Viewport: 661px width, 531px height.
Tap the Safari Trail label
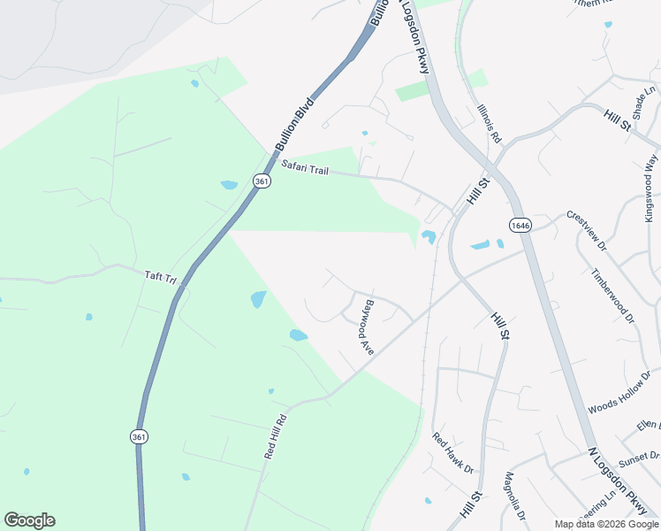pos(305,167)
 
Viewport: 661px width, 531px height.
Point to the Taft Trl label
pos(161,277)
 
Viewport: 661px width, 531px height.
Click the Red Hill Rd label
pos(276,436)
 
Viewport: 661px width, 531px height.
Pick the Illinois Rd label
pos(489,124)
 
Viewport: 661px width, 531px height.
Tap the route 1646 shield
pos(519,225)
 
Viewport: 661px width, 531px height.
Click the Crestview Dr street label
pos(587,230)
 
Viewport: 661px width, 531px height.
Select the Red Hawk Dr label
pos(453,452)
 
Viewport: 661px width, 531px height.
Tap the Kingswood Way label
pos(652,188)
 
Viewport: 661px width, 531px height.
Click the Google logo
pos(29,520)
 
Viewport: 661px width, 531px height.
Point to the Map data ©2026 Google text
pos(606,524)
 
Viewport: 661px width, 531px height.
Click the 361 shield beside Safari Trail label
pos(261,181)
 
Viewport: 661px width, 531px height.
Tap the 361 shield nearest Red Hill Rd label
pos(139,437)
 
